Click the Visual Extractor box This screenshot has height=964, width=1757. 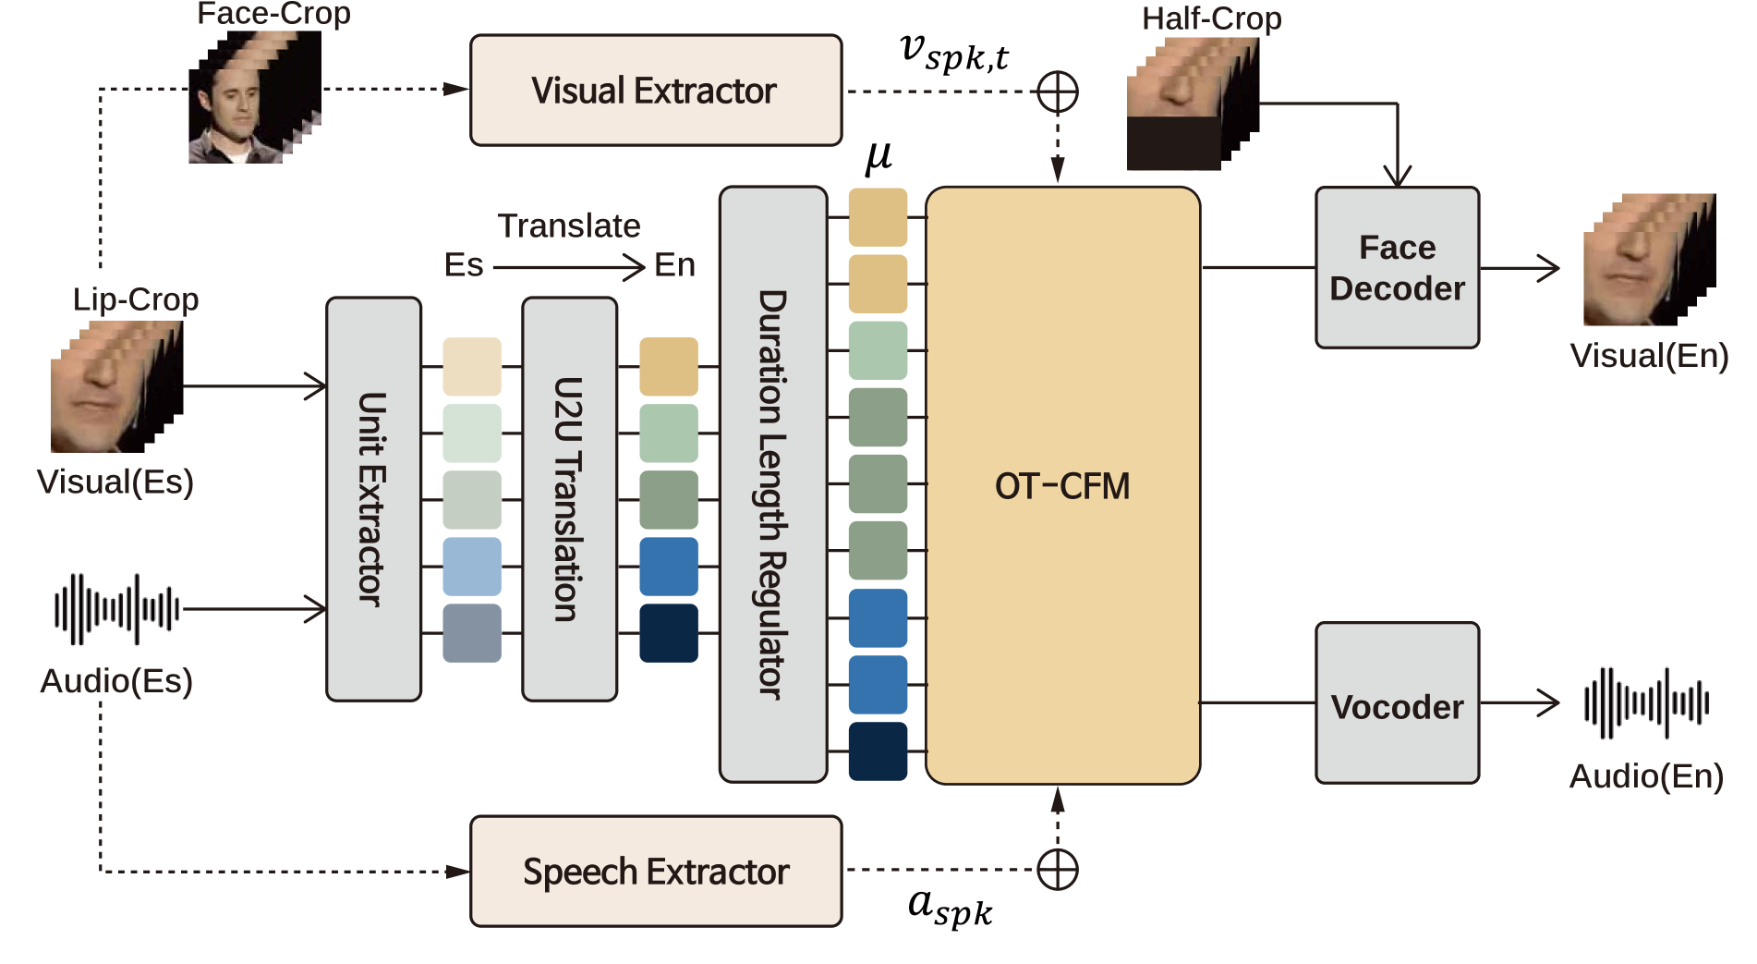click(x=656, y=91)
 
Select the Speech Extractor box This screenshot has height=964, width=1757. click(x=656, y=871)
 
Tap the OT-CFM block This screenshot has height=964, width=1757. click(x=1062, y=486)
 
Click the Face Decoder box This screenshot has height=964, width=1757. click(x=1397, y=268)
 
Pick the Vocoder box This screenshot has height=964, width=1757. click(x=1397, y=703)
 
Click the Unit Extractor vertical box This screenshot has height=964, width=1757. click(x=373, y=499)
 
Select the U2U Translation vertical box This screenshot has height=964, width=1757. click(x=569, y=499)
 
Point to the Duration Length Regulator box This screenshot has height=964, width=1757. click(x=772, y=485)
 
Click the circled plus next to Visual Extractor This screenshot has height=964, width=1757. click(x=1058, y=92)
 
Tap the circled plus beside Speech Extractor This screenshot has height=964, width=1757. click(x=1058, y=870)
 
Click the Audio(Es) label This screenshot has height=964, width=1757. click(x=116, y=681)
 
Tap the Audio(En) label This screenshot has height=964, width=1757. click(x=1646, y=776)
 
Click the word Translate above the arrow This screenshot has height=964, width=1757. click(x=569, y=226)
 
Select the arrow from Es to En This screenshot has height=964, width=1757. click(x=568, y=268)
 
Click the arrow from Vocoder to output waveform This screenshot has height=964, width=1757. click(x=1520, y=702)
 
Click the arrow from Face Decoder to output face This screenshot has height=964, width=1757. click(x=1520, y=268)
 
